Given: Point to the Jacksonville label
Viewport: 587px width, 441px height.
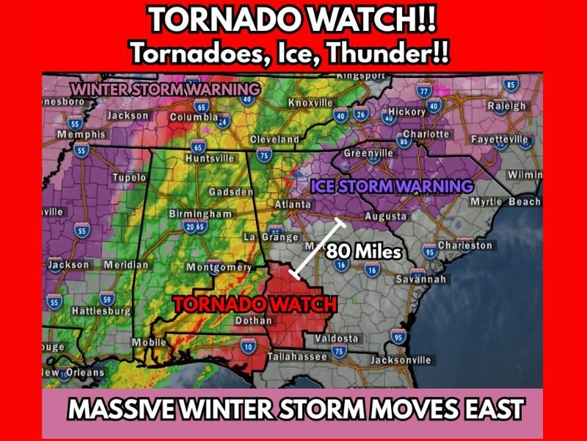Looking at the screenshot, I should pos(400,360).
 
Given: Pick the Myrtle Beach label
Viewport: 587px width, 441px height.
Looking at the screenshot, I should pos(505,201).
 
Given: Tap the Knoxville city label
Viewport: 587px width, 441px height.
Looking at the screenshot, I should pos(310,102).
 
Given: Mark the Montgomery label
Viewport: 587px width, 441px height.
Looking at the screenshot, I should pos(220,267).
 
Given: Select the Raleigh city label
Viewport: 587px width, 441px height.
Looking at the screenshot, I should pos(506,106).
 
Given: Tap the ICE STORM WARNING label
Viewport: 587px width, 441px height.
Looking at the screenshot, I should pos(392,186).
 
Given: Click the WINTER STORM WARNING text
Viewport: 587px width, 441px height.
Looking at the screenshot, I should pos(153,88).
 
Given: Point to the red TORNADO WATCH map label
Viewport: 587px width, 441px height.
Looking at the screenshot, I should pos(255,304).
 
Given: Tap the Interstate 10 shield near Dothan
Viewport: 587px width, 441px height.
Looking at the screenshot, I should pos(248,345).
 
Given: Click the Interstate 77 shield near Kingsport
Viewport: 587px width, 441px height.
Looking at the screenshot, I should pos(424,91).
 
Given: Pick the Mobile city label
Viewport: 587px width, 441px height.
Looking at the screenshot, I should pos(149,343).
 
